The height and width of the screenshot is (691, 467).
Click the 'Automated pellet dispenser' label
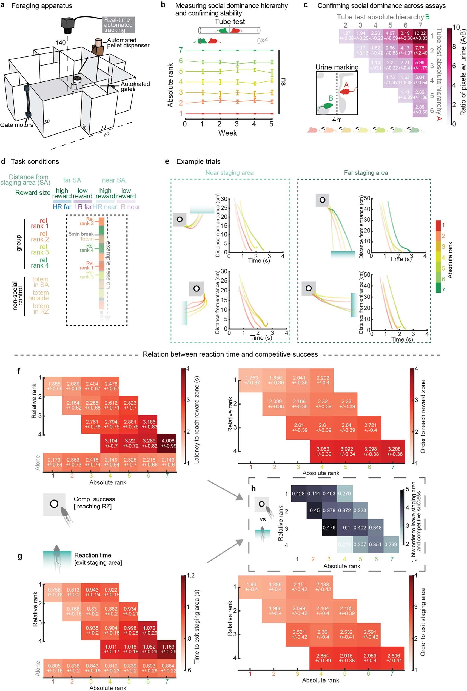pyautogui.click(x=128, y=42)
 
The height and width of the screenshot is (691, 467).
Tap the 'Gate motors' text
pyautogui.click(x=16, y=125)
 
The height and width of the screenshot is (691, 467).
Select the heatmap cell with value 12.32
pyautogui.click(x=420, y=35)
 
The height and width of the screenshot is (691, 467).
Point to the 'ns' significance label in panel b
pyautogui.click(x=283, y=82)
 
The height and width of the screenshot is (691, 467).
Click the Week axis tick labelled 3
pyautogui.click(x=237, y=124)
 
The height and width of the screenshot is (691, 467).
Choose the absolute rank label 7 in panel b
pyautogui.click(x=180, y=50)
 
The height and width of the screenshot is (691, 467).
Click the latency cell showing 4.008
pyautogui.click(x=168, y=443)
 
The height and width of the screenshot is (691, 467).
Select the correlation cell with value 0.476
pyautogui.click(x=329, y=527)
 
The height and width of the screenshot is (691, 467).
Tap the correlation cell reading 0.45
pyautogui.click(x=315, y=510)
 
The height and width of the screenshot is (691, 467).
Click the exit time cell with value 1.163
pyautogui.click(x=168, y=649)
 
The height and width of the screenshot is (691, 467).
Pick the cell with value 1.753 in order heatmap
pyautogui.click(x=252, y=380)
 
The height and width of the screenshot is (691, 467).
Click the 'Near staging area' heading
pyautogui.click(x=229, y=172)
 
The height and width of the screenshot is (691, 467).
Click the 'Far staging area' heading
pyautogui.click(x=366, y=172)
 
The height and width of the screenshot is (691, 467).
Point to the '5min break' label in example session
pyautogui.click(x=81, y=234)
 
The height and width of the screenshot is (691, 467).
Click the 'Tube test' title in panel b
pyautogui.click(x=230, y=22)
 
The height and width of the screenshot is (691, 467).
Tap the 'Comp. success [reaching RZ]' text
pyautogui.click(x=94, y=502)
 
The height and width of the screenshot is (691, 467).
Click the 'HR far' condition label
pyautogui.click(x=62, y=207)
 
